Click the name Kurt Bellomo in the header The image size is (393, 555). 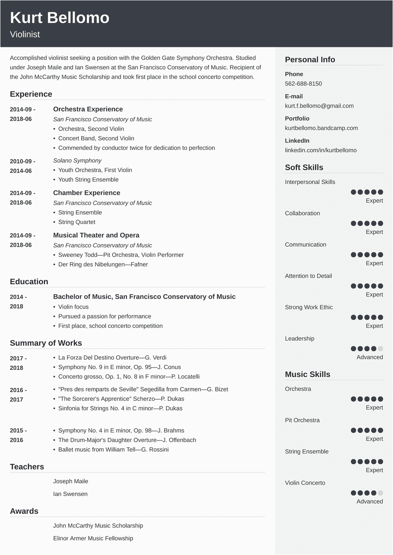tap(60, 18)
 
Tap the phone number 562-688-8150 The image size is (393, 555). tap(303, 84)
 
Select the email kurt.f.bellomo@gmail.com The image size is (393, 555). tap(319, 106)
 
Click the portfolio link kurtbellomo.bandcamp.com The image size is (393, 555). tap(321, 128)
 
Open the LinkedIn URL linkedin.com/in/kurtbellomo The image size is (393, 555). tap(320, 150)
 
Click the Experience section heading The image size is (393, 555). tap(31, 94)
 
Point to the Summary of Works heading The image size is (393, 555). tap(46, 343)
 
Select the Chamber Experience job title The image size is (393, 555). tap(87, 193)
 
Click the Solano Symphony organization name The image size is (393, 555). tap(77, 161)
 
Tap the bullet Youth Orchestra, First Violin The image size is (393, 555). tap(95, 170)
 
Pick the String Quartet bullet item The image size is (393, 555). tap(77, 222)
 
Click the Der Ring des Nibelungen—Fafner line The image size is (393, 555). tap(103, 264)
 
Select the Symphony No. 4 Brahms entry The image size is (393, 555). tap(121, 431)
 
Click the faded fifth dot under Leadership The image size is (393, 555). tap(380, 349)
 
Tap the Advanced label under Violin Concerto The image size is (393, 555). tap(370, 501)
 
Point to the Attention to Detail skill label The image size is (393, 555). tap(308, 276)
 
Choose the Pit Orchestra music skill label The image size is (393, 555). tap(302, 420)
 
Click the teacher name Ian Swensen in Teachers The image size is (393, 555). tap(70, 494)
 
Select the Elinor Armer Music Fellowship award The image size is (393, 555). tap(93, 538)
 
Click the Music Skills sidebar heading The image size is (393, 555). tap(307, 374)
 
